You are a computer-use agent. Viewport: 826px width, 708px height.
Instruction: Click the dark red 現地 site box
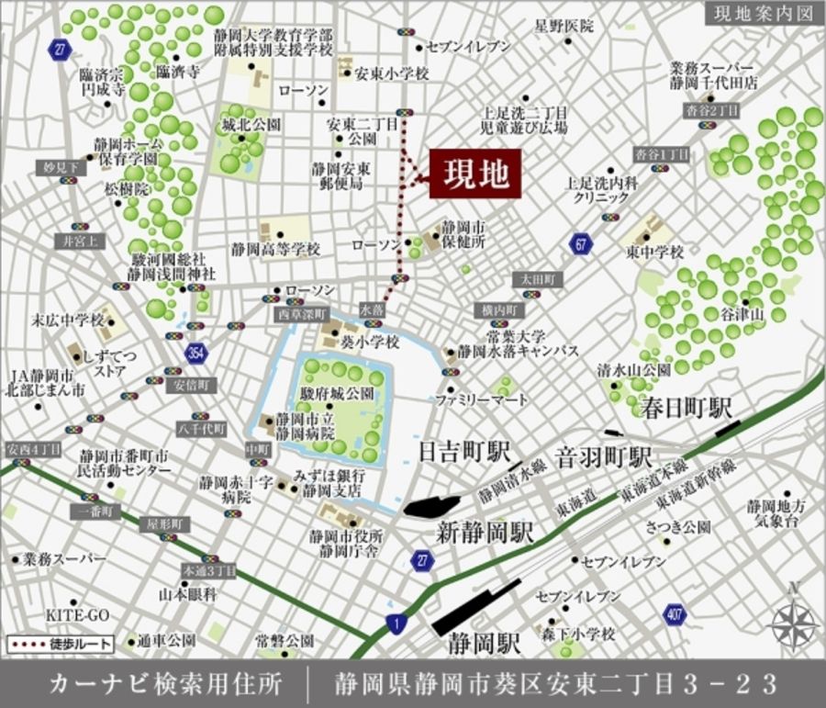click(x=475, y=174)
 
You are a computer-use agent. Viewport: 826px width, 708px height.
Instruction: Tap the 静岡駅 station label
click(x=477, y=646)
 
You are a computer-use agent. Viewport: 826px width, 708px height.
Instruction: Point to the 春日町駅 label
click(x=687, y=408)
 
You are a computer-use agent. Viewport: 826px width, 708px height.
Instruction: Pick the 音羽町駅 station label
click(x=604, y=456)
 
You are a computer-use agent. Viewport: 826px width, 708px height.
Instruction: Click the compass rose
click(x=794, y=625)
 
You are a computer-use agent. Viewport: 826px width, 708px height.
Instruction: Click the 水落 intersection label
click(x=373, y=311)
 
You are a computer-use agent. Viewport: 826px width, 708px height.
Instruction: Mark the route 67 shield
click(x=580, y=243)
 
